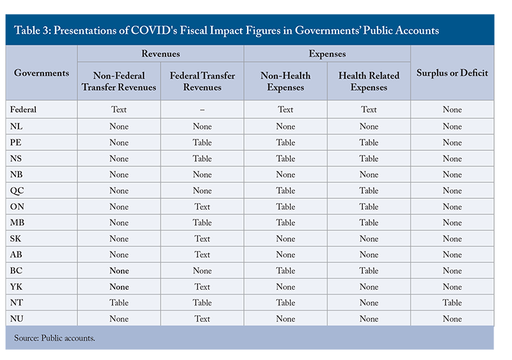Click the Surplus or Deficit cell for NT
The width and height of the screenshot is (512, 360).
(452, 302)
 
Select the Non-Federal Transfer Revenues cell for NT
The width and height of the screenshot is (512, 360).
(119, 302)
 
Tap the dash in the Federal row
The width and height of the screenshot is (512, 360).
(202, 110)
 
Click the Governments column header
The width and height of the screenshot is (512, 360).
(42, 73)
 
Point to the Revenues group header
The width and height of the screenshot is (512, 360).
(161, 54)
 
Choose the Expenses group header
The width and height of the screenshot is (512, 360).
(327, 54)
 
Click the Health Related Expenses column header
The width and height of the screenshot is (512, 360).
(369, 81)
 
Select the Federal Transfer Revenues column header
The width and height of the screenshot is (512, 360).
(202, 81)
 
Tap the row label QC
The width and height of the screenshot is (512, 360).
(17, 191)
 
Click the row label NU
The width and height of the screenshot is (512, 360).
(17, 318)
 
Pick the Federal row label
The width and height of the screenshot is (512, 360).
(23, 109)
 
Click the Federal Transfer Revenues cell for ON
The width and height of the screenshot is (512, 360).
(202, 207)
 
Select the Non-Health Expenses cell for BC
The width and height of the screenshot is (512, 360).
(285, 270)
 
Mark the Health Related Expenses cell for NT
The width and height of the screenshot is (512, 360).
(369, 302)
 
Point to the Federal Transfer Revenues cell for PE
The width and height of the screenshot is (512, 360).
(202, 143)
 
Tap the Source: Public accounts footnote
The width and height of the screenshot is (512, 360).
(54, 338)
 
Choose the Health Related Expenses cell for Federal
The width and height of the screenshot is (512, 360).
(369, 109)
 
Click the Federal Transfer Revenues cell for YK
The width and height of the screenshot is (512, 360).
(202, 286)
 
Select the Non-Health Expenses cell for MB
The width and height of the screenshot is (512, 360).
(285, 223)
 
